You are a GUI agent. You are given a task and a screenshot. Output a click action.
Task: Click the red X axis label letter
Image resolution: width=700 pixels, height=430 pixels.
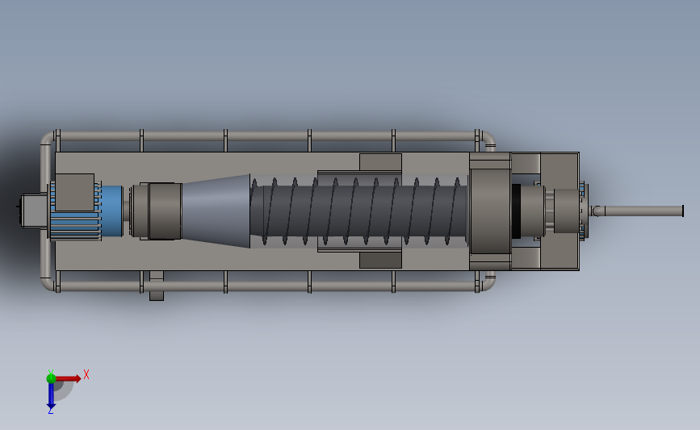(86, 374)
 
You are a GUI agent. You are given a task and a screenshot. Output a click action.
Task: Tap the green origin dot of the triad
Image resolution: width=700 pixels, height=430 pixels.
(51, 378)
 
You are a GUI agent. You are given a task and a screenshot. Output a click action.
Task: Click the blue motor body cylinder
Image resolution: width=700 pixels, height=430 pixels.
(111, 211)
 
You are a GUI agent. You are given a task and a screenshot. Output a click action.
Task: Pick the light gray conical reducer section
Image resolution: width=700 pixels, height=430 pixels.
(216, 211)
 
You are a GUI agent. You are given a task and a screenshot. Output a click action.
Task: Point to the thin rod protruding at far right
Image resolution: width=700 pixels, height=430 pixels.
(638, 211)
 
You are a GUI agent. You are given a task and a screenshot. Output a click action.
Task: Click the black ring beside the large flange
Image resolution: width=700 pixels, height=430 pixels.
(516, 211)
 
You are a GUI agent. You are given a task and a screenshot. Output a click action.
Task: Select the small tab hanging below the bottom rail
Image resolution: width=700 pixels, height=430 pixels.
(157, 286)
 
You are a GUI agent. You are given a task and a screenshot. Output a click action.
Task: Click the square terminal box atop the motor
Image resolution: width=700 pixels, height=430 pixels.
(74, 192)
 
